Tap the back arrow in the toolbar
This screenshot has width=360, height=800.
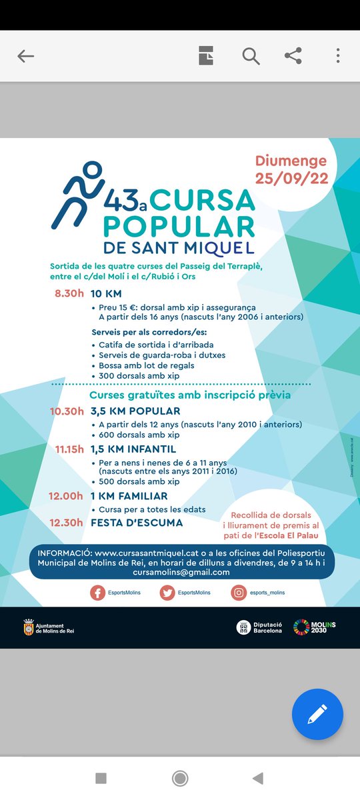coord(25,57)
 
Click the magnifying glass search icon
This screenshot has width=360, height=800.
coord(251,57)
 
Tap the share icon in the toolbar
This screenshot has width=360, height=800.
coord(293,57)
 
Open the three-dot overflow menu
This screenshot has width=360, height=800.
coord(338,57)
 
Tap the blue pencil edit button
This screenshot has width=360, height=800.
coord(317,714)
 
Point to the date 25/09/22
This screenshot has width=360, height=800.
coord(291,178)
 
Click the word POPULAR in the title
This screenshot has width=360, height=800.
coord(179,225)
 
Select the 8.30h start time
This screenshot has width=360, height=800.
coord(69,293)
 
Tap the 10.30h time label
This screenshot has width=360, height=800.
coord(67,411)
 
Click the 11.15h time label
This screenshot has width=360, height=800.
coord(69,449)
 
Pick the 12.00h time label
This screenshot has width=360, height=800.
coord(66,496)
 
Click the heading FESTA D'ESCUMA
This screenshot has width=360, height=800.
coord(137,523)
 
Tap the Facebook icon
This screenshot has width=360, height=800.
coord(98,593)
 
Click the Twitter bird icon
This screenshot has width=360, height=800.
coord(167,593)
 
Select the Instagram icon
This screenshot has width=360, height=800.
coord(239,593)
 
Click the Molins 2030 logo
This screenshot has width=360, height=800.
coord(315,627)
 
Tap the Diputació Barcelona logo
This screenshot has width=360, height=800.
coord(259,627)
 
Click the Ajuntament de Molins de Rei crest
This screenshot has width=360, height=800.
coord(28,627)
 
